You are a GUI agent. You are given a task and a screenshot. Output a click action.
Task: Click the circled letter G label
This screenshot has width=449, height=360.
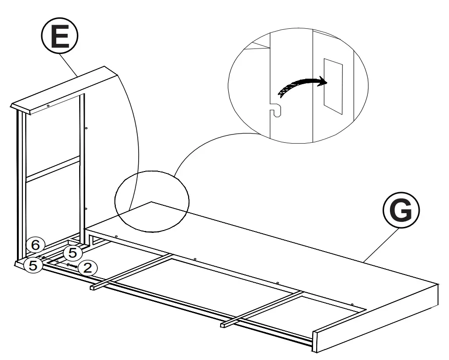(400, 210)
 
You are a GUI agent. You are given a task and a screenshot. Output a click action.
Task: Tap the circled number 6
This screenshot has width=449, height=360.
(35, 245)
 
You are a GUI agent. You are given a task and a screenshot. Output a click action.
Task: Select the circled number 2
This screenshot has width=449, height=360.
(87, 268)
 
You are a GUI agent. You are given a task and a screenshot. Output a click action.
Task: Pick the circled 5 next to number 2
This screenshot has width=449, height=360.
(72, 252)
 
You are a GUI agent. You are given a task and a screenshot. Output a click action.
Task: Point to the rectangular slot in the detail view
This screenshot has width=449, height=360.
(333, 86)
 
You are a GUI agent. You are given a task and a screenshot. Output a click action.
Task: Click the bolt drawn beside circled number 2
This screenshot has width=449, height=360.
(72, 266)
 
